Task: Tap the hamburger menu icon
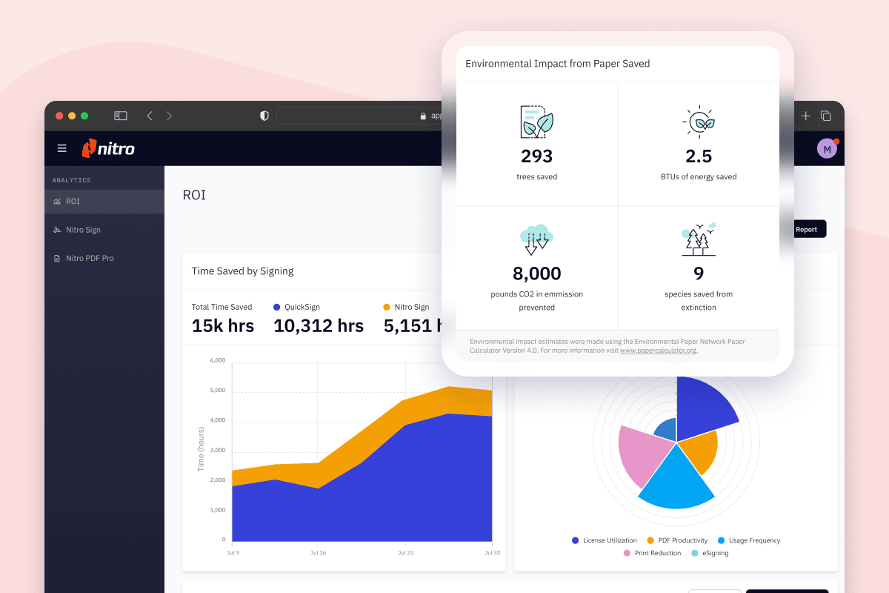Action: point(62,148)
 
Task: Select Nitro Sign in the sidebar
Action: point(83,230)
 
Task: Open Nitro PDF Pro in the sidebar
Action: point(89,258)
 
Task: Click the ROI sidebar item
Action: point(73,202)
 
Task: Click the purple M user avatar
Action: point(827,149)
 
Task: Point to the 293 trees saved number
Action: point(536,156)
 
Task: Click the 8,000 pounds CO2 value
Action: point(536,274)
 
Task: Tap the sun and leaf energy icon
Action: point(698,122)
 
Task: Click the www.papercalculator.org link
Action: point(658,351)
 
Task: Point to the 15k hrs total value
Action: point(222,325)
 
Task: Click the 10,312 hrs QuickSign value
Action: point(319,325)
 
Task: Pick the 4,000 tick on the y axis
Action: point(217,420)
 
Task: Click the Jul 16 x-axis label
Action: point(319,553)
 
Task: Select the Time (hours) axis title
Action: point(201,449)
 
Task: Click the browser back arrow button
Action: point(150,116)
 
